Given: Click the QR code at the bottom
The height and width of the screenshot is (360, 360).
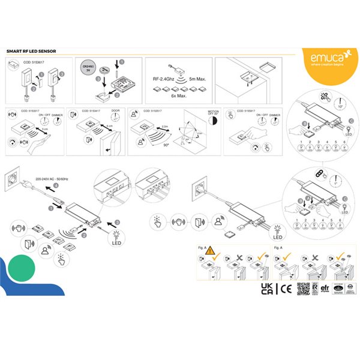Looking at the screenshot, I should click(x=304, y=290).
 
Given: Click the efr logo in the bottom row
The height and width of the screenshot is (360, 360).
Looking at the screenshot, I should click(x=325, y=289).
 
